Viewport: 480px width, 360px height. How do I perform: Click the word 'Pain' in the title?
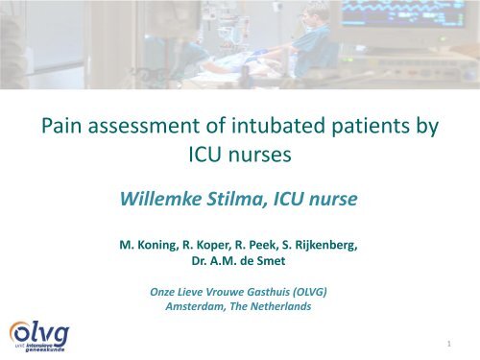(55, 125)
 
